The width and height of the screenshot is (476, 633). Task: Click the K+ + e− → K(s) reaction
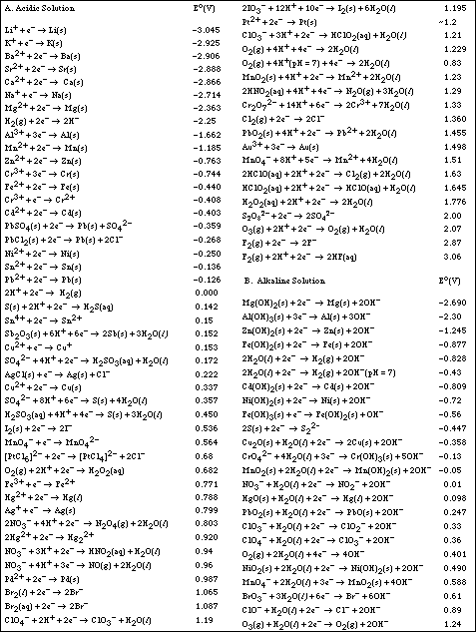(x=42, y=44)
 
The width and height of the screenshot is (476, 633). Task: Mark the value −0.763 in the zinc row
(x=205, y=158)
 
